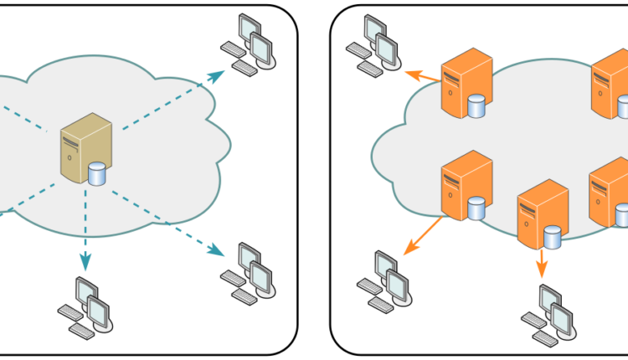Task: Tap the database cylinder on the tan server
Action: [97, 174]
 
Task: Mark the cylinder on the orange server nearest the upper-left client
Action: [477, 106]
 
